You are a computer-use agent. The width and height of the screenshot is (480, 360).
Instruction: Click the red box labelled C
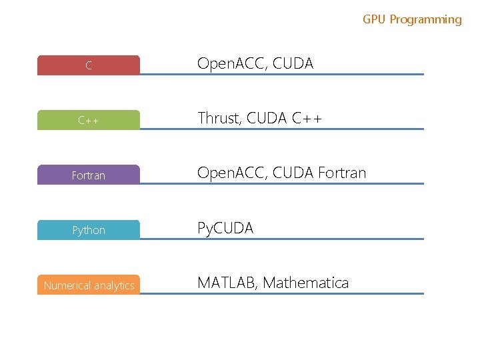click(x=89, y=65)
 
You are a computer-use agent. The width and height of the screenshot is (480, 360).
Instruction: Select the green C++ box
click(x=89, y=120)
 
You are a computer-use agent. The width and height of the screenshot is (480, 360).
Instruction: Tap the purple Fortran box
click(x=89, y=175)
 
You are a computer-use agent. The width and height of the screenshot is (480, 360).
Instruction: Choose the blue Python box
click(x=89, y=230)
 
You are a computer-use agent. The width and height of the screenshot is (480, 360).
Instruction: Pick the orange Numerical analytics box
click(x=89, y=285)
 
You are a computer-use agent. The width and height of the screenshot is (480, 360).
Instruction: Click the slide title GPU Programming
click(x=412, y=19)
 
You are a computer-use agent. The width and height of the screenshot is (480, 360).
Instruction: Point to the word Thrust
click(x=218, y=118)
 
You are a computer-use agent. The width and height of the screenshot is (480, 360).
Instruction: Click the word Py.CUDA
click(x=225, y=228)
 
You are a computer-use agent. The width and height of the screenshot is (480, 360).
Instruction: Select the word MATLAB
click(x=227, y=283)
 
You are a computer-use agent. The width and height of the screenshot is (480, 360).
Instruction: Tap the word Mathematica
click(x=305, y=283)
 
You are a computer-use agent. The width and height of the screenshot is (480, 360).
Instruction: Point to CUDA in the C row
click(x=293, y=63)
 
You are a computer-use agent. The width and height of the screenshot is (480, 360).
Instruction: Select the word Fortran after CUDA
click(x=342, y=173)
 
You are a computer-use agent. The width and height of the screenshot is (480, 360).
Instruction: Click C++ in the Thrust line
click(x=307, y=118)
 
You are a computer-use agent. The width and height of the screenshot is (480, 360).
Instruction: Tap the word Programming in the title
click(x=425, y=19)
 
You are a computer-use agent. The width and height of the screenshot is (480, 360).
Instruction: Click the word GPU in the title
click(x=375, y=19)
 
